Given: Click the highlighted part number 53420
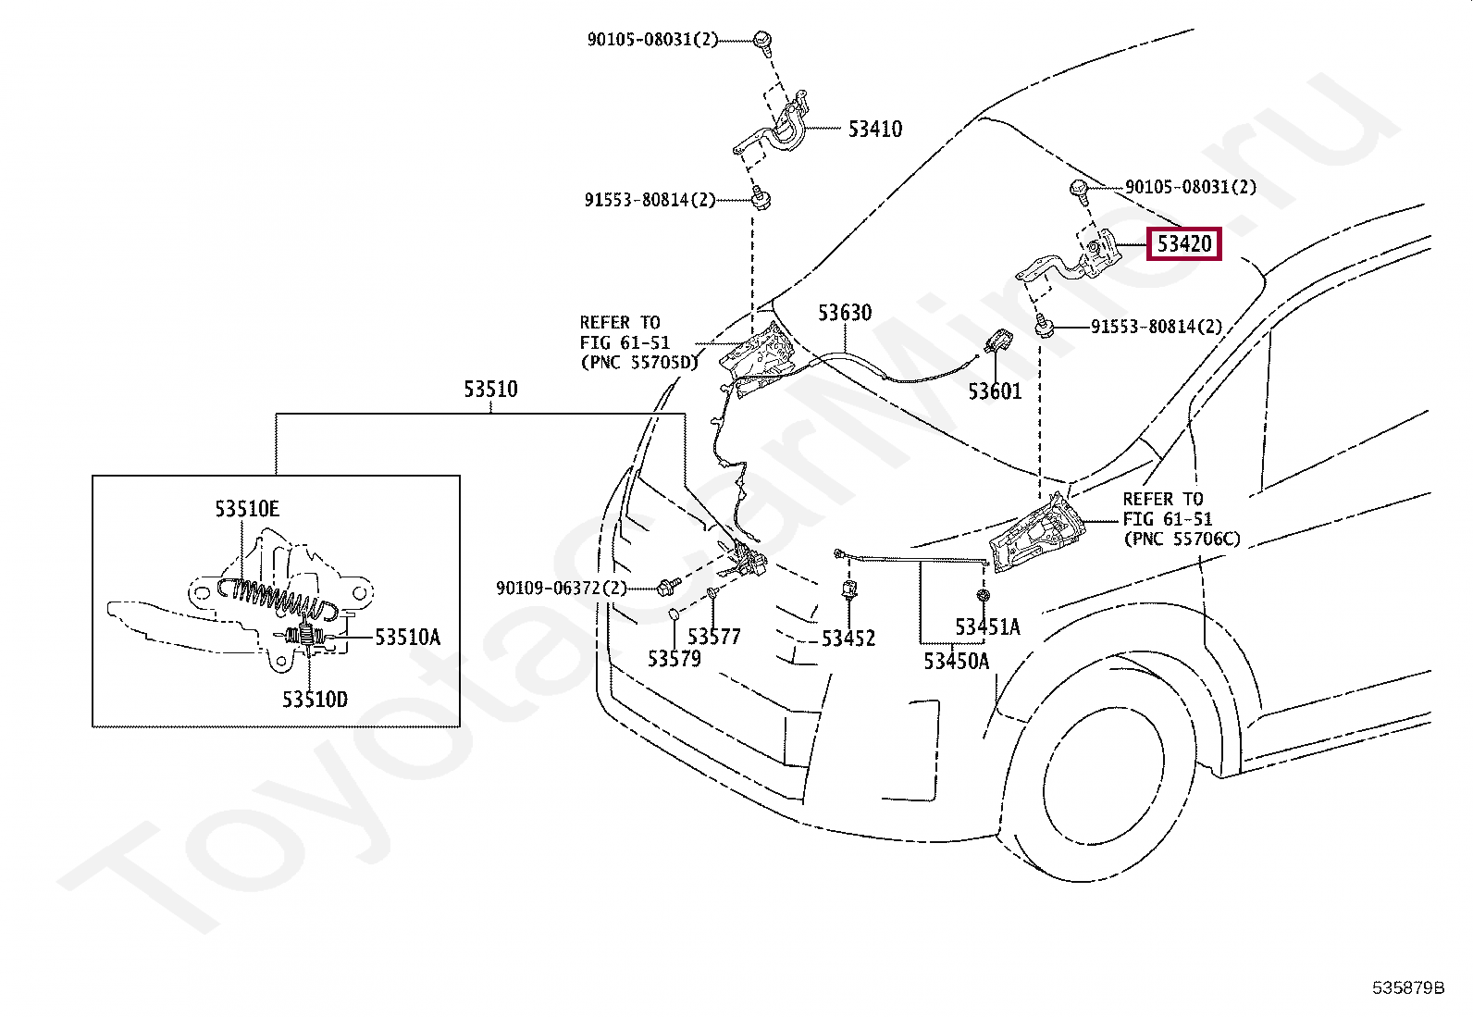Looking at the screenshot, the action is (x=1183, y=244).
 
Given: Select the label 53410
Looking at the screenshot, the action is (x=874, y=129).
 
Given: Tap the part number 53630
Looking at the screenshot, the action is (x=845, y=313).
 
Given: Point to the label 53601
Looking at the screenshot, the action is (x=995, y=391).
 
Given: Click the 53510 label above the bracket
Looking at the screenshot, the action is (x=490, y=390).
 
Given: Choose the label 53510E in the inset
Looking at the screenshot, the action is (x=247, y=509).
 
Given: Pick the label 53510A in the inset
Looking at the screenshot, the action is (x=408, y=637).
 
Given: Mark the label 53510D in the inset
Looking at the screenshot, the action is (x=315, y=700).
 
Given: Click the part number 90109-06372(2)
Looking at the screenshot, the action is (x=562, y=588).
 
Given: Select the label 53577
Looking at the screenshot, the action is (x=714, y=636).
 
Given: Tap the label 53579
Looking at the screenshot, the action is (x=674, y=659).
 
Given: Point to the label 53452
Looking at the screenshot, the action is (x=848, y=639).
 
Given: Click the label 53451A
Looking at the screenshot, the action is (x=987, y=626).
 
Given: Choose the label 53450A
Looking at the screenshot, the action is (x=956, y=661).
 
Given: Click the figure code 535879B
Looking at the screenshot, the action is (x=1408, y=987).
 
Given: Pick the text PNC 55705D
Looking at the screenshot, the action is (x=638, y=363).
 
